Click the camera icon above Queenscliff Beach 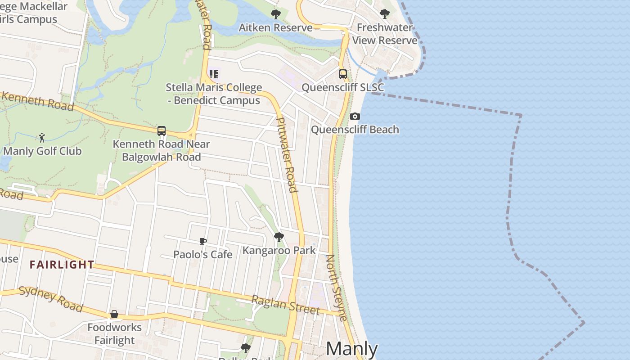coord(355,117)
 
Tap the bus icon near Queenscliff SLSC coord(343,74)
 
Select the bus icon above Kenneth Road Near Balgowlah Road coord(162,131)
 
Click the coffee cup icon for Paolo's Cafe coord(203,242)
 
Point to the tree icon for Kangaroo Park coord(279,237)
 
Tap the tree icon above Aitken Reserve coord(276,14)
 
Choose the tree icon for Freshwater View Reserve coord(385,14)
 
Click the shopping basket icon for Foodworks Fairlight coord(114,314)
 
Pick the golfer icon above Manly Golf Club coord(42,138)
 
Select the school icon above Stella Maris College coord(214,74)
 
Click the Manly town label coord(351,349)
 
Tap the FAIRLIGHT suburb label coord(62,265)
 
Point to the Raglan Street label coord(285,305)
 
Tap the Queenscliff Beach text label coord(355,130)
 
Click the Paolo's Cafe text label coord(203,255)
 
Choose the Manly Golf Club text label coord(43,151)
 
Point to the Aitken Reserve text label coord(275,27)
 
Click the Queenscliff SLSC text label coord(343,87)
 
